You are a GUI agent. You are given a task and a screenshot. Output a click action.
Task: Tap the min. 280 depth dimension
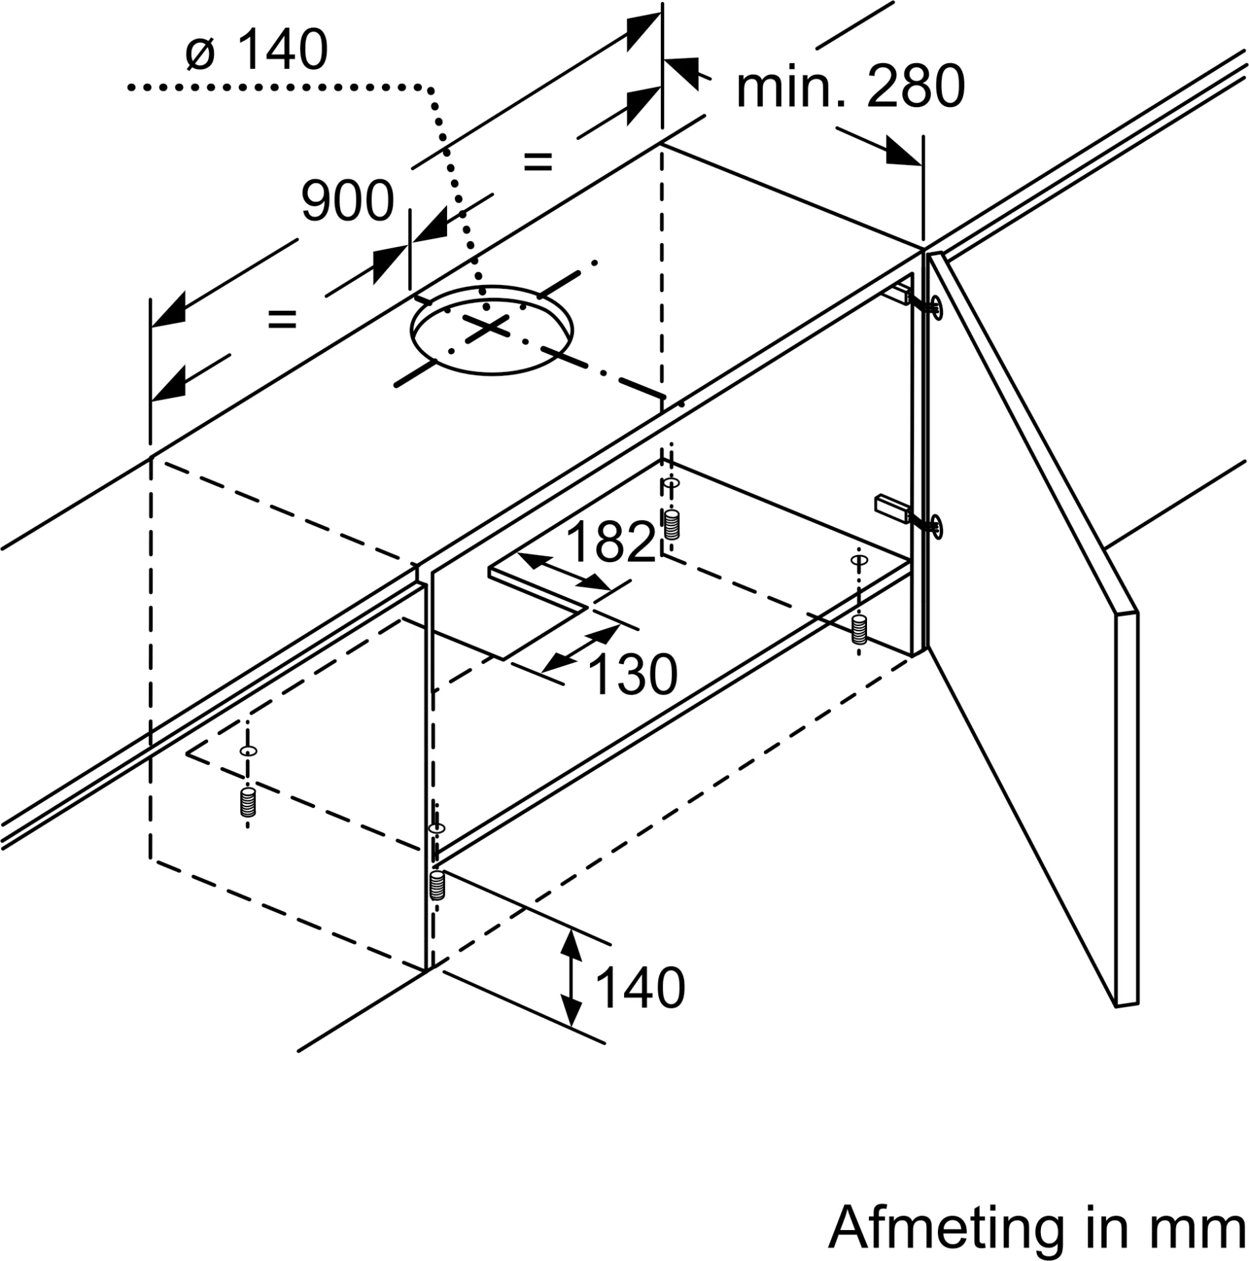[850, 87]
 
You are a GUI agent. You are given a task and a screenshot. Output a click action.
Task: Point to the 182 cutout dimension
[610, 542]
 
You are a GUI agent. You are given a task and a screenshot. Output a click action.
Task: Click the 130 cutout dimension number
[633, 674]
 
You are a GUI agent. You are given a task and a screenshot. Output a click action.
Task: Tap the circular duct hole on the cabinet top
[491, 330]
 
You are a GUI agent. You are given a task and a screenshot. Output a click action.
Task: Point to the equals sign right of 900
[538, 161]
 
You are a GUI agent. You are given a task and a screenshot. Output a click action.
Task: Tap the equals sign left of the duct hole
[282, 320]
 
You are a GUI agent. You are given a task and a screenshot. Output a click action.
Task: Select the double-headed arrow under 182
[565, 572]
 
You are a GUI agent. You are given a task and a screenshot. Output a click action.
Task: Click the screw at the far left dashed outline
[247, 803]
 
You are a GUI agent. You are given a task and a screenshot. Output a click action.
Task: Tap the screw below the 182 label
[670, 525]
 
